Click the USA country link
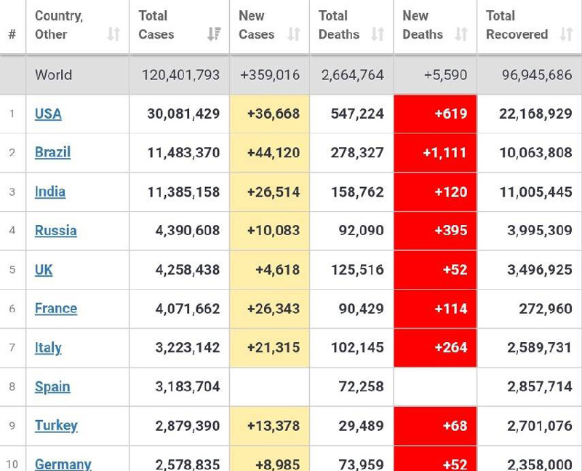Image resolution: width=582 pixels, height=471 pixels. pyautogui.click(x=48, y=114)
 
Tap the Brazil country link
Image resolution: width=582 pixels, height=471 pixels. pyautogui.click(x=52, y=153)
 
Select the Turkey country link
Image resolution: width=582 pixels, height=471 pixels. pyautogui.click(x=56, y=426)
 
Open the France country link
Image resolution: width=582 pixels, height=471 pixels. pyautogui.click(x=55, y=309)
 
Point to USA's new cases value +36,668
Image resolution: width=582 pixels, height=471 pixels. pyautogui.click(x=273, y=114)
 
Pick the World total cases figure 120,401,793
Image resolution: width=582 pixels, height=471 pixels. pyautogui.click(x=180, y=75)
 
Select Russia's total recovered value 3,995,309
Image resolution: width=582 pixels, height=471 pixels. pyautogui.click(x=535, y=231)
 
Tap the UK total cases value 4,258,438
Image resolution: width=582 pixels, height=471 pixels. pyautogui.click(x=187, y=270)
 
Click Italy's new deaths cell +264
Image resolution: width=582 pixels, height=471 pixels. pyautogui.click(x=450, y=348)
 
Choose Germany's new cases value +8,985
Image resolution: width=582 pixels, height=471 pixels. pyautogui.click(x=277, y=464)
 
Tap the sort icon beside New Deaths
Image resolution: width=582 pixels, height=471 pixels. pyautogui.click(x=461, y=34)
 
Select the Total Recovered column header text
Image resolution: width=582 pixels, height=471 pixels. pyautogui.click(x=517, y=25)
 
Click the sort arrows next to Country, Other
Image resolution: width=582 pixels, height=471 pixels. pyautogui.click(x=113, y=34)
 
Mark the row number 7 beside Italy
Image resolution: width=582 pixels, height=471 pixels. pyautogui.click(x=12, y=348)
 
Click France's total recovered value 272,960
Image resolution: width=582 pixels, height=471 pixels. pyautogui.click(x=541, y=309)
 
